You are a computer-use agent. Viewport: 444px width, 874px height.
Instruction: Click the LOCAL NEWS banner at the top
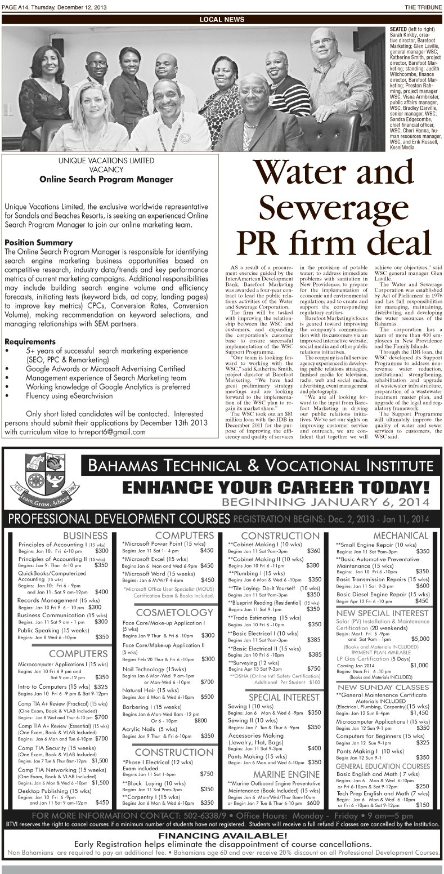click(x=222, y=20)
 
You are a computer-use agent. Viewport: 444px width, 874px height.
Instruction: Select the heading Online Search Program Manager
click(x=106, y=180)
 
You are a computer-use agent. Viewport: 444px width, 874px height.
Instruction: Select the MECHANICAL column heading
click(x=401, y=535)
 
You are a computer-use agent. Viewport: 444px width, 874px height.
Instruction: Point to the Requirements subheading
click(x=30, y=341)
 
